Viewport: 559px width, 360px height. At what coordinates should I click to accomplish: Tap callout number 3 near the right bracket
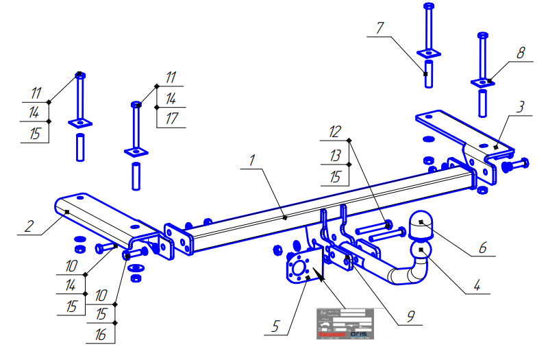pyautogui.click(x=521, y=108)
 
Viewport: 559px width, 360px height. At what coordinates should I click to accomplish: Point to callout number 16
pyautogui.click(x=101, y=334)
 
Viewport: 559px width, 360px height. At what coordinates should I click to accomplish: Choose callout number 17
pyautogui.click(x=171, y=119)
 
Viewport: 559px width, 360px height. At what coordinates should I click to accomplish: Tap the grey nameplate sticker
pyautogui.click(x=345, y=323)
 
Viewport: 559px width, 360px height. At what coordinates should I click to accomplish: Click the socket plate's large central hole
pyautogui.click(x=298, y=269)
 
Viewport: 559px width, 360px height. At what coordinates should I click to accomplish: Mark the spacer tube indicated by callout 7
pyautogui.click(x=427, y=74)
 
